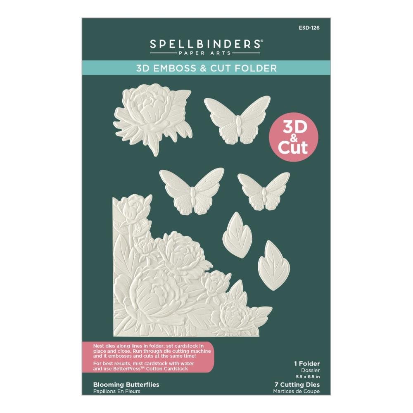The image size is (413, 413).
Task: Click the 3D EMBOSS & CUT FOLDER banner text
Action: point(206,68)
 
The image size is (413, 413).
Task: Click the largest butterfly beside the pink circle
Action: point(237,120)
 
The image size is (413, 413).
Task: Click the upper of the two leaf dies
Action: point(237,234)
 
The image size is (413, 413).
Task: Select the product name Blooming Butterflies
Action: point(126,385)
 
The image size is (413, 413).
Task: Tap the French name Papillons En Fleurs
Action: point(117,391)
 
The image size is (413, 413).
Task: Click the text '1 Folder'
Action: point(305,364)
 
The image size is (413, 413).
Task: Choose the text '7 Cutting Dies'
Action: point(298,385)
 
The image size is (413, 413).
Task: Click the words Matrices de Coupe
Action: point(297,391)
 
